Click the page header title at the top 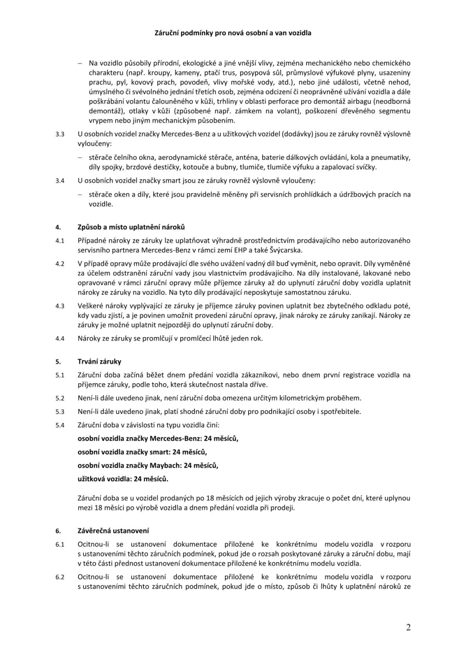click(233, 33)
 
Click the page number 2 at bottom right click(408, 627)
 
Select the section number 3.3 click(59, 134)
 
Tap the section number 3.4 click(59, 181)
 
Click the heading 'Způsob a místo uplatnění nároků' click(131, 227)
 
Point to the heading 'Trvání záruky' click(100, 362)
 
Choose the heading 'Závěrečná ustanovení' click(113, 530)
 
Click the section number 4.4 click(59, 338)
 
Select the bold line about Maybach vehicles click(148, 465)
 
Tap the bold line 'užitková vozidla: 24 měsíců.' click(123, 478)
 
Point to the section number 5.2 click(59, 398)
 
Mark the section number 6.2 click(59, 577)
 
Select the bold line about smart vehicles click(142, 452)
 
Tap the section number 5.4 click(59, 425)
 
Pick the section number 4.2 click(59, 264)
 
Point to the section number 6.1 click(59, 544)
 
